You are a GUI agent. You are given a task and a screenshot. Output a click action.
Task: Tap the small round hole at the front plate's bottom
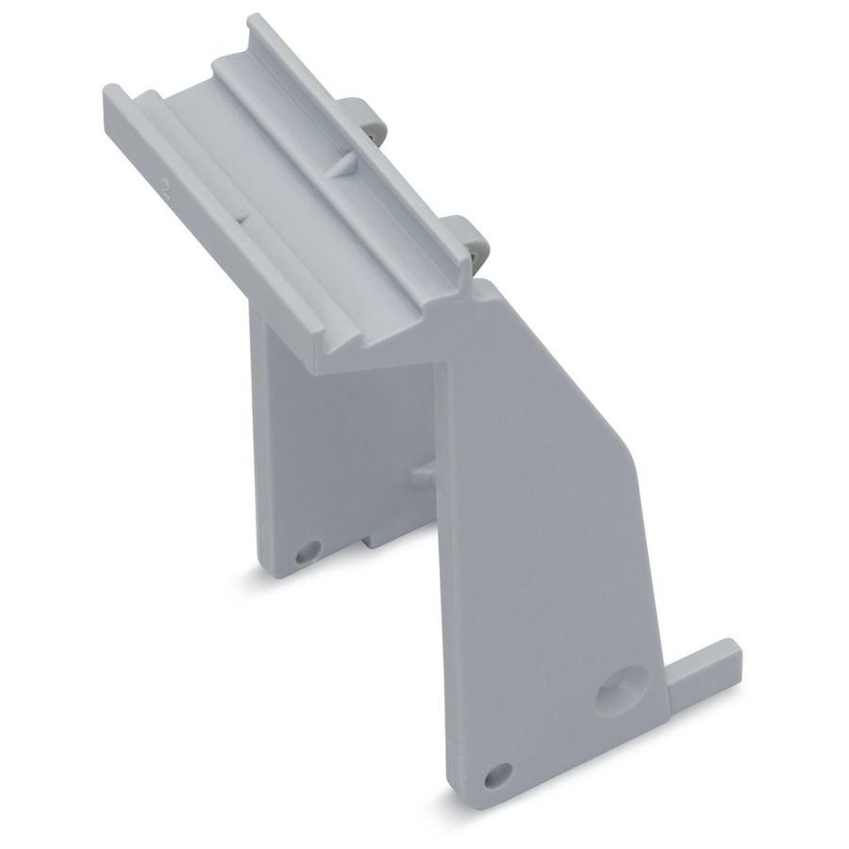point(497,774)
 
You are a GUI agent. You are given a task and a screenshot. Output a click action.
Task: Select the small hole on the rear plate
point(308,550)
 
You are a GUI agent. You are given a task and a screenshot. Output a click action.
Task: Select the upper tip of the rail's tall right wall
point(255,25)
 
